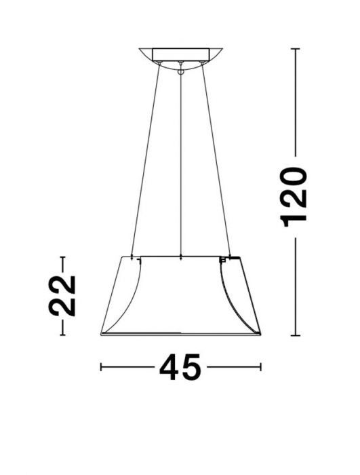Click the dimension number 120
(297, 195)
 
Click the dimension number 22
(62, 295)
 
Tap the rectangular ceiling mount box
(180, 54)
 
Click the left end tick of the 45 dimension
(101, 367)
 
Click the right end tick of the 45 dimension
(261, 367)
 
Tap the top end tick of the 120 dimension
(296, 48)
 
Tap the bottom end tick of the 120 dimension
(296, 335)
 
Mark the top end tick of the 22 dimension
(62, 256)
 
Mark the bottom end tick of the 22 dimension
(62, 335)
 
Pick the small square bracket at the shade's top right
(223, 260)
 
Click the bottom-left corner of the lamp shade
(101, 335)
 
